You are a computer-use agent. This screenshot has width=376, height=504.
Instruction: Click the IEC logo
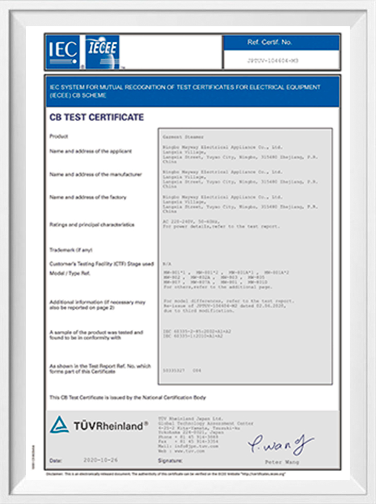[x=62, y=52]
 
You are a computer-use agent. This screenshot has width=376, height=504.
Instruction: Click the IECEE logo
[x=102, y=52]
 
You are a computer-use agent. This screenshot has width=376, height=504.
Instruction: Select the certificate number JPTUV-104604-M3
[x=280, y=60]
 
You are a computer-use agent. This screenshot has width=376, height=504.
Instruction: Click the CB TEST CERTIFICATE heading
[x=96, y=117]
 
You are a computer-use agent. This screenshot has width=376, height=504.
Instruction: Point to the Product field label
[x=59, y=137]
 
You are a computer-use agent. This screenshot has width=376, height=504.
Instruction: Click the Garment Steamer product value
[x=183, y=137]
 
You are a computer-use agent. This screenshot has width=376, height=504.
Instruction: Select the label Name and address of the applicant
[x=91, y=151]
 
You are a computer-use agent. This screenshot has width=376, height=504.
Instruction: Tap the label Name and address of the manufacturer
[x=95, y=174]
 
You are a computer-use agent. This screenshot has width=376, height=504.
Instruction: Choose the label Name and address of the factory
[x=88, y=197]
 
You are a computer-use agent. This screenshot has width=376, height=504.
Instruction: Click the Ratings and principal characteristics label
[x=92, y=225]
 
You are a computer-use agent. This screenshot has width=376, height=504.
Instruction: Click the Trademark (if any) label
[x=71, y=250]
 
